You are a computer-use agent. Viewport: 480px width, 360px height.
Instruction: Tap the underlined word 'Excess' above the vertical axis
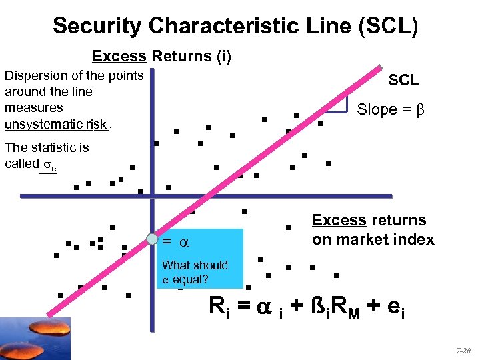[119, 56]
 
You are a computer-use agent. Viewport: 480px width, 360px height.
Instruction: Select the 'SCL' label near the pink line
[404, 80]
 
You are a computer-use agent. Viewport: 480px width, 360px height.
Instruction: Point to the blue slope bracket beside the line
[343, 103]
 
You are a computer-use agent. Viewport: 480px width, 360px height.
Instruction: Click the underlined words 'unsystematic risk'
[55, 125]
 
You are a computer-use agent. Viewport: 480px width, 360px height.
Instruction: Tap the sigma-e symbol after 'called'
[49, 165]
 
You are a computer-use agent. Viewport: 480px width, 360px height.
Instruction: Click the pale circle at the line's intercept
[153, 239]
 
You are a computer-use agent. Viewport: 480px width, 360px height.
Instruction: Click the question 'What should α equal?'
[194, 272]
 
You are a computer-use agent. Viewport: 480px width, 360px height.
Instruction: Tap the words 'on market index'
[373, 239]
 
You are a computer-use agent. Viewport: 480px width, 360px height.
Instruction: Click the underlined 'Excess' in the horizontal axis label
[339, 220]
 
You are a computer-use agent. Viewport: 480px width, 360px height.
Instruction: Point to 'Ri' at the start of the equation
[218, 307]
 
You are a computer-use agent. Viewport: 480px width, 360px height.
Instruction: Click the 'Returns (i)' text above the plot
[191, 56]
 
